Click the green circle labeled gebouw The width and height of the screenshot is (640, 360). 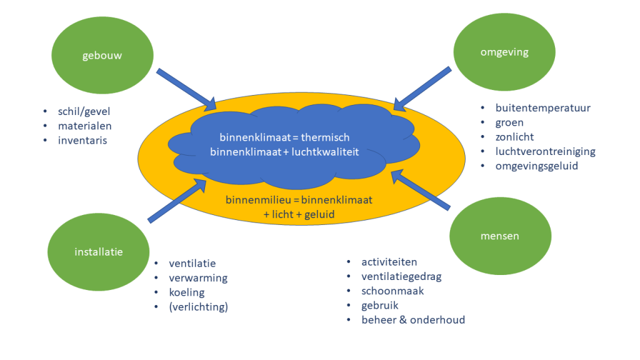pos(102,56)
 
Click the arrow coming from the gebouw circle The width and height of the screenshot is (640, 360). pos(186,87)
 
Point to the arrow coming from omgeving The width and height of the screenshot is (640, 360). pos(422,87)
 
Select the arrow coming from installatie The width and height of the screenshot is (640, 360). pos(177,200)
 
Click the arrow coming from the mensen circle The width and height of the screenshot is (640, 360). pos(421,191)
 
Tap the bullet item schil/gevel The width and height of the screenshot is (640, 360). pos(87,112)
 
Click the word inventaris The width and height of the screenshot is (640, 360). pos(82,141)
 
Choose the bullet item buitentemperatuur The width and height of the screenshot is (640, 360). pos(542,107)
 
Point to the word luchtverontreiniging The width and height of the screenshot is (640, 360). pos(545,151)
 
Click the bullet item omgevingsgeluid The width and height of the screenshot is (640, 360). pos(537,166)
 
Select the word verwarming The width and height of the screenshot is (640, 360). pos(198,277)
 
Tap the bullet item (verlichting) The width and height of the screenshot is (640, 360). pos(198,307)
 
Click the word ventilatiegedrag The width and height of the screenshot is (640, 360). pos(401,276)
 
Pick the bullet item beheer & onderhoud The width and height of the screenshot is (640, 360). pos(413,320)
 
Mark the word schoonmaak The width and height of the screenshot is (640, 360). pos(392,291)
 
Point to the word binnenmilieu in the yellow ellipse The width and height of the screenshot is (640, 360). pos(254,201)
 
